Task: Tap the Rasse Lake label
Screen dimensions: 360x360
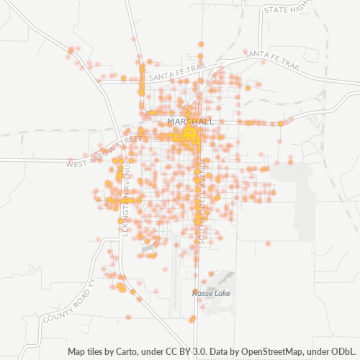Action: [210, 293]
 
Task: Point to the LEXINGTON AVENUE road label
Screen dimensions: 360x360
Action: [125, 198]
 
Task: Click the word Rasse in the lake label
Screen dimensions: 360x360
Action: [202, 293]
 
